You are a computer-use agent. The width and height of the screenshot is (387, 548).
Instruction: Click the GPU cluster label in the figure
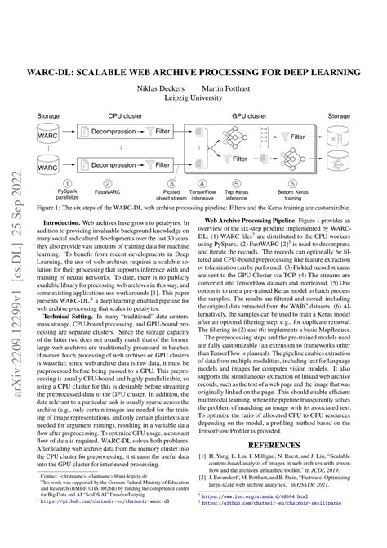(249, 116)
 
